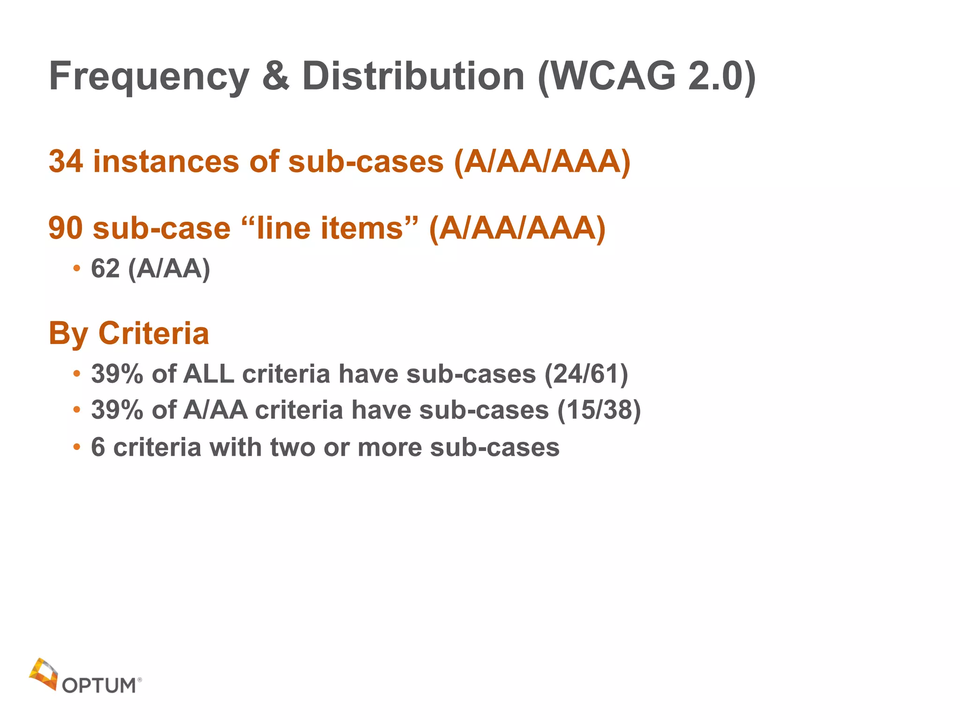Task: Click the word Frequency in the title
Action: tap(149, 77)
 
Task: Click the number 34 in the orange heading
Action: tap(66, 161)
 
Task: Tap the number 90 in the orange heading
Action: tap(66, 228)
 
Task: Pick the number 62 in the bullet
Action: tap(105, 269)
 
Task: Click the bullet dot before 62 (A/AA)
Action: tap(76, 269)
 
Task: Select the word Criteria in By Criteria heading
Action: tap(153, 333)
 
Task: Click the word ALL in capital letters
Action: tap(209, 374)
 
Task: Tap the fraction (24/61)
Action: tap(586, 374)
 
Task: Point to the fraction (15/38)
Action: tap(599, 410)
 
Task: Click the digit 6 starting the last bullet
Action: tap(97, 447)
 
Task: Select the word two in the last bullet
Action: tap(292, 447)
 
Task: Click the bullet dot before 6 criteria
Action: tap(76, 447)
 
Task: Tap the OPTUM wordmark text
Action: tap(99, 685)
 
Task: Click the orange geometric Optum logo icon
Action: tap(44, 674)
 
